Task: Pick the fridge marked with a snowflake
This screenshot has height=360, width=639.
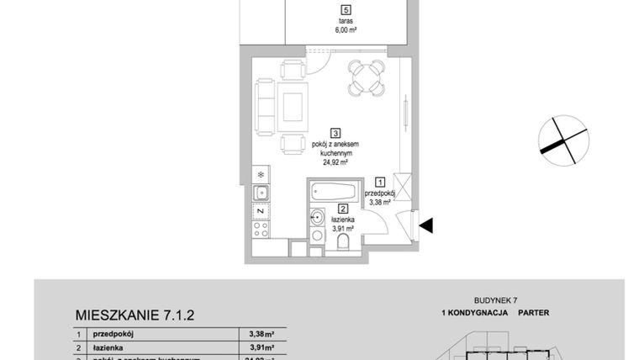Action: point(261,175)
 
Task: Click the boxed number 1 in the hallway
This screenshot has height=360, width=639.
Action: point(380,181)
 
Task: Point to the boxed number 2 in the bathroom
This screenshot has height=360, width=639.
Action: point(342,209)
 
